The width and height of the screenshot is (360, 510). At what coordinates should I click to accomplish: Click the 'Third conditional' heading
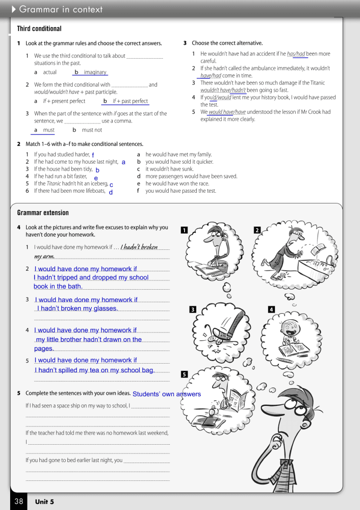point(39,29)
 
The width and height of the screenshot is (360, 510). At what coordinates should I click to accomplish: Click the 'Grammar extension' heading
point(43,213)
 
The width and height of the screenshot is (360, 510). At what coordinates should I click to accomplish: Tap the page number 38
point(19,501)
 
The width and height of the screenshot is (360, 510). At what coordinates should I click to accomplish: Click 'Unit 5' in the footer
point(44,502)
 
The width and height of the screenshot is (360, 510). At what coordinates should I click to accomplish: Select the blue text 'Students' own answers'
point(167,394)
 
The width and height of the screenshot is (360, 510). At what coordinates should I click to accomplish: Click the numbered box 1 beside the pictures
point(184,231)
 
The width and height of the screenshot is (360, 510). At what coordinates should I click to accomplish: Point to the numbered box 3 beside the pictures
point(192,309)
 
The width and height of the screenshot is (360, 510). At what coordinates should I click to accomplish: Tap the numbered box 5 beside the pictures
point(184,374)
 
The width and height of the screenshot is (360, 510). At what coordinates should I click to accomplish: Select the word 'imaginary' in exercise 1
point(95,72)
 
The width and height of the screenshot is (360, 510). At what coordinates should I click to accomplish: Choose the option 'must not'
point(92,130)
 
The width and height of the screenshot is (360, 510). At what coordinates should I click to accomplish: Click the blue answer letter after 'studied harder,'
point(93,155)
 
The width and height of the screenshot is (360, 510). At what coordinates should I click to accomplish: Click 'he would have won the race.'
point(177,184)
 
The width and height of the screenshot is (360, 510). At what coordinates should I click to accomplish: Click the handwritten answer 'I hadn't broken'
point(139,247)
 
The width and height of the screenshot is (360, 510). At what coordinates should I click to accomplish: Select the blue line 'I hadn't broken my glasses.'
point(78,309)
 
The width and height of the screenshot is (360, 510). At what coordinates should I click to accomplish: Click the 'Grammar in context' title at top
point(61,10)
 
